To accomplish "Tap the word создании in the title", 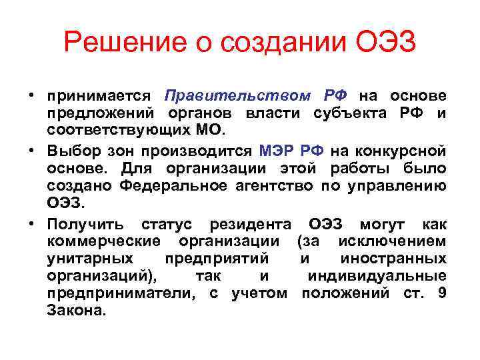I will (x=284, y=44).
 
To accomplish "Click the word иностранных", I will (x=393, y=257).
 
